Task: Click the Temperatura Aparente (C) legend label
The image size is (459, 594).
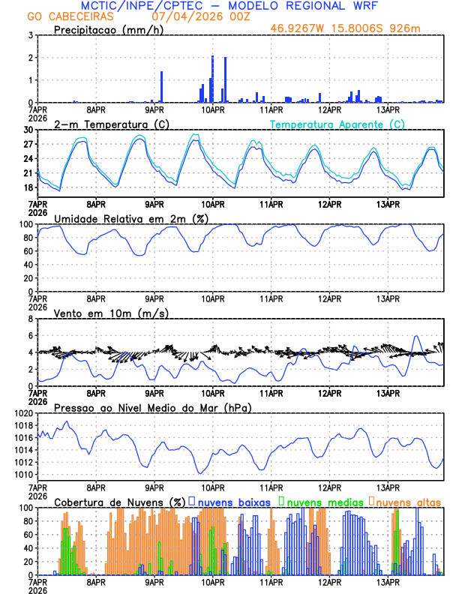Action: pos(337,124)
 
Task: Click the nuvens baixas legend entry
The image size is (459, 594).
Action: pos(232,501)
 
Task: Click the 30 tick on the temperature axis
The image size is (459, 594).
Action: pos(29,130)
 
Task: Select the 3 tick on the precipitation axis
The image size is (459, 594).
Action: pos(31,35)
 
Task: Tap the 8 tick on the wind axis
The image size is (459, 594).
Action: pos(31,319)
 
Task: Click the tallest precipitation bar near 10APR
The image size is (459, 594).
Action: pos(212,79)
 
